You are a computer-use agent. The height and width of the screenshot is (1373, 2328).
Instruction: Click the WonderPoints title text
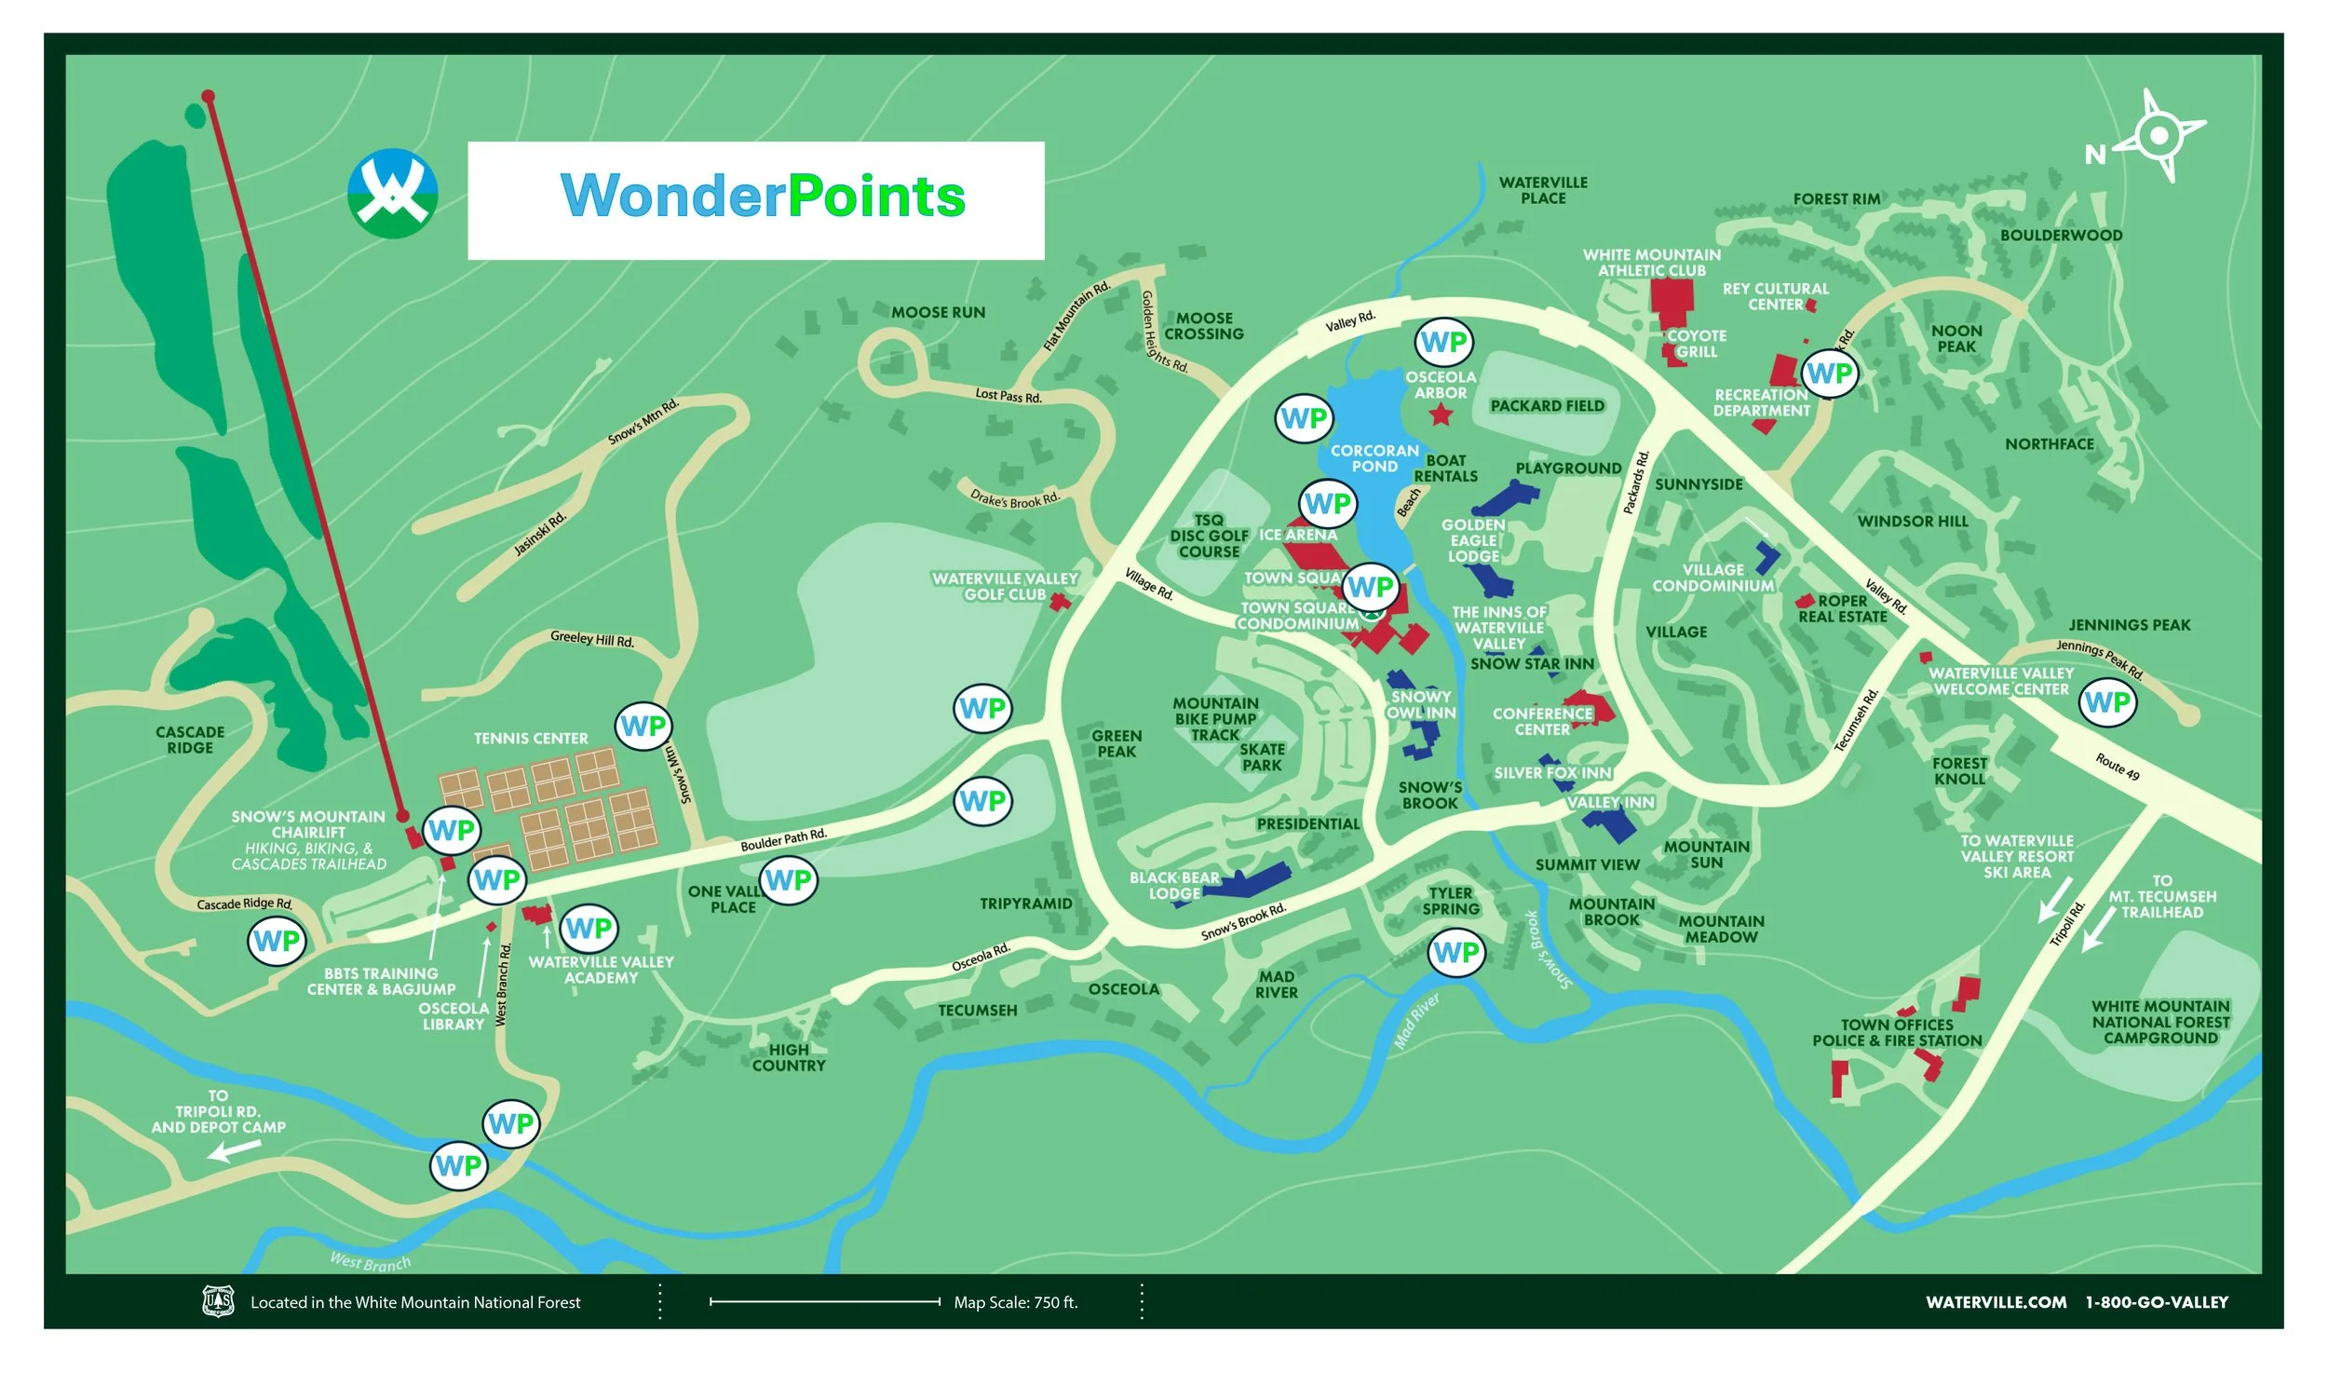pyautogui.click(x=763, y=197)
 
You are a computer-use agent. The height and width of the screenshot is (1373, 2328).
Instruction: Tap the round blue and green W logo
pyautogui.click(x=392, y=194)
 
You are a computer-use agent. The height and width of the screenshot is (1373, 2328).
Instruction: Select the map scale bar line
pyautogui.click(x=824, y=1301)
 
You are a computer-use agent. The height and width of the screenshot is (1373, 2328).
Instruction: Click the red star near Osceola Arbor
pyautogui.click(x=1441, y=415)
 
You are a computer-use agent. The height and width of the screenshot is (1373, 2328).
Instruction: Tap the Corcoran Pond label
pyautogui.click(x=1374, y=458)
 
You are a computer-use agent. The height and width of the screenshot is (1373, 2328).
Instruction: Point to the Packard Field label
pyautogui.click(x=1547, y=406)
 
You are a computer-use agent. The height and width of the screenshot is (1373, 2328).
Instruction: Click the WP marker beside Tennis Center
pyautogui.click(x=643, y=726)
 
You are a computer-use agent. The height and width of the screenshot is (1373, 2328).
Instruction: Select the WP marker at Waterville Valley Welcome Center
pyautogui.click(x=2107, y=701)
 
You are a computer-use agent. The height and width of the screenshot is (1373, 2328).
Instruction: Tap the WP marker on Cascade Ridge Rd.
pyautogui.click(x=277, y=941)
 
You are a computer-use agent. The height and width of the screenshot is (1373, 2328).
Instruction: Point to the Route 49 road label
pyautogui.click(x=2118, y=767)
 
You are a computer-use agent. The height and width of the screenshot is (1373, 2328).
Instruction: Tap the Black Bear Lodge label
pyautogui.click(x=1174, y=885)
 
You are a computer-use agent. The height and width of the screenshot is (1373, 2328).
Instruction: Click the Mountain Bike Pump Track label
pyautogui.click(x=1215, y=719)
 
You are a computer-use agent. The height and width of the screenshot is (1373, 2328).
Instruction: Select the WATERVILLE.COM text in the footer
pyautogui.click(x=1996, y=1302)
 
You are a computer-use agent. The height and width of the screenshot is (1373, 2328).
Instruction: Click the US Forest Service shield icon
pyautogui.click(x=219, y=1300)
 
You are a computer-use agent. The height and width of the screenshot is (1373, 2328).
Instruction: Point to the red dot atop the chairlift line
pyautogui.click(x=209, y=96)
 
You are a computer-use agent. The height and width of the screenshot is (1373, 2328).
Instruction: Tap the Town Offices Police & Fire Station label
pyautogui.click(x=1897, y=1033)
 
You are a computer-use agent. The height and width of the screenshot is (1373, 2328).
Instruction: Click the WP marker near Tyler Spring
pyautogui.click(x=1455, y=952)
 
